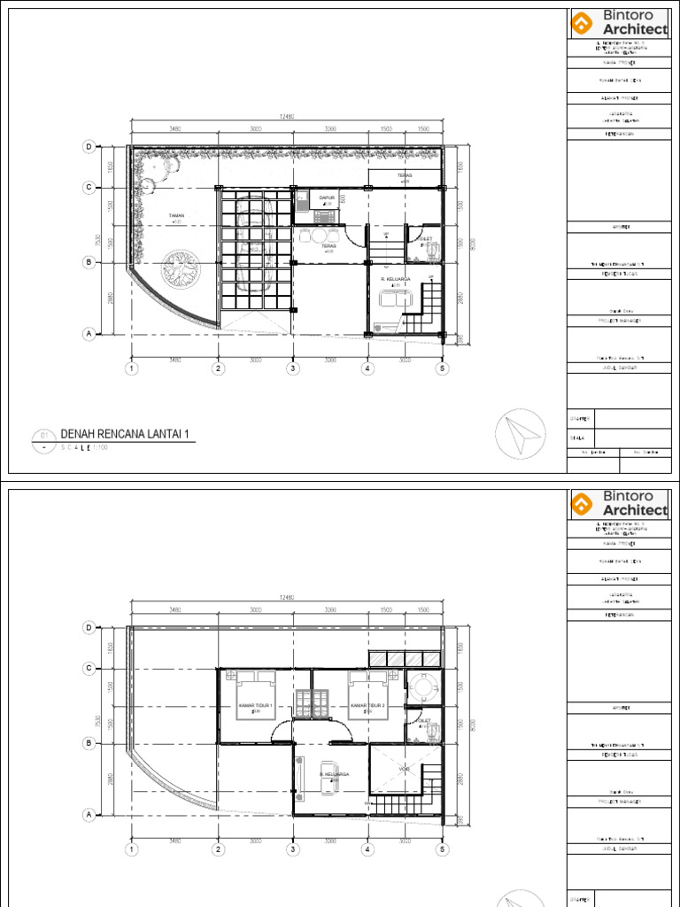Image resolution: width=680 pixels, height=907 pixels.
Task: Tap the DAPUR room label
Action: (326, 198)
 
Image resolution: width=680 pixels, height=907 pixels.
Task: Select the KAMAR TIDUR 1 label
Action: (255, 706)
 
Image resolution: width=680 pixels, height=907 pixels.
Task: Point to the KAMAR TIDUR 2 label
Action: (367, 706)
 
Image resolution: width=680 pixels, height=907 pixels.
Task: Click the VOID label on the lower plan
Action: (405, 768)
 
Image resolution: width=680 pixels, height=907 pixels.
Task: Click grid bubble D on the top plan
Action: (88, 146)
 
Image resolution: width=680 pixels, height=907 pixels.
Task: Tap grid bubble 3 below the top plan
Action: (292, 368)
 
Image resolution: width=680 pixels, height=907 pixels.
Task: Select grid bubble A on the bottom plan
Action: (88, 814)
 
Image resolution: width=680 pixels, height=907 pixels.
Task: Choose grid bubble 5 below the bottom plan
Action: (442, 849)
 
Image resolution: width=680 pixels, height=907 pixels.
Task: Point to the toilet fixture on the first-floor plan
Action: (431, 251)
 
